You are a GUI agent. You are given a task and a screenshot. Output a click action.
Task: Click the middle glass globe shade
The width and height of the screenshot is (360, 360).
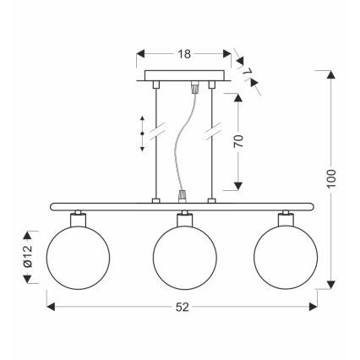[180, 255]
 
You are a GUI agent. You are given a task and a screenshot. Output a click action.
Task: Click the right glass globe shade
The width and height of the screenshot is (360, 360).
[286, 255]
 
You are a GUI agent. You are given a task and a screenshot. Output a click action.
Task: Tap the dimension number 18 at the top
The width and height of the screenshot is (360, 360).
[183, 52]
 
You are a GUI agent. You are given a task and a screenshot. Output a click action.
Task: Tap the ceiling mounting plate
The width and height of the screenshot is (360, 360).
[183, 77]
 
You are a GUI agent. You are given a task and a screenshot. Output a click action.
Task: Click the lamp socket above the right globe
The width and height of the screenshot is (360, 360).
[286, 219]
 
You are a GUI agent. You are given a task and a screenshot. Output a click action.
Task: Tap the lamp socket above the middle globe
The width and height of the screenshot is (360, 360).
[180, 219]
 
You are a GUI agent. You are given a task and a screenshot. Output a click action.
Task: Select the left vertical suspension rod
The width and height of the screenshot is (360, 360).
[155, 144]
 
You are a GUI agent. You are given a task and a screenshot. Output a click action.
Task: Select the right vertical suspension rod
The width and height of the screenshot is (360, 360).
[212, 144]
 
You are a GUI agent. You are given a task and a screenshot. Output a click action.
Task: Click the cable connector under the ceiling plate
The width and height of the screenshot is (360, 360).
[197, 87]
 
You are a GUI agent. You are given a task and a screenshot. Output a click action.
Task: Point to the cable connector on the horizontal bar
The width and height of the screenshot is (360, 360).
[181, 199]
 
